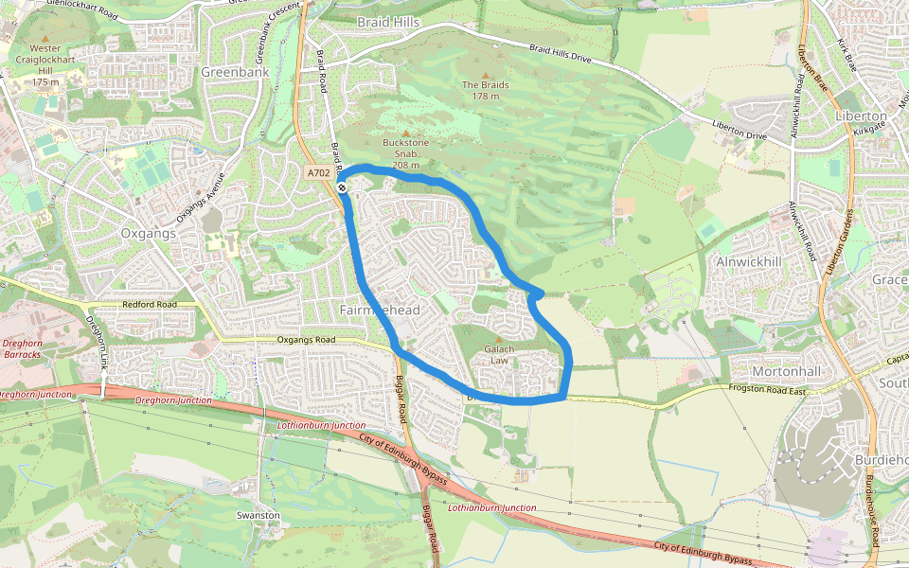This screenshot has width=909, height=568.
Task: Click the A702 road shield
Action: click(x=319, y=173)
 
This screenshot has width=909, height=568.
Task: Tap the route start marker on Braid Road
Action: click(x=342, y=187)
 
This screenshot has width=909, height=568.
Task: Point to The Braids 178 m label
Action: click(x=486, y=90)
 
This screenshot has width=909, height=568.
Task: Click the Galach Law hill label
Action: click(x=499, y=354)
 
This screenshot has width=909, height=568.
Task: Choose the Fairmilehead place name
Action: click(x=379, y=311)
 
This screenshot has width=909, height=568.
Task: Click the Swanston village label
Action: click(x=258, y=515)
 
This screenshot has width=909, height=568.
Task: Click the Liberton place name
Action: click(x=861, y=115)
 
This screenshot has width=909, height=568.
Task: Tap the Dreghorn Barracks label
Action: click(x=22, y=348)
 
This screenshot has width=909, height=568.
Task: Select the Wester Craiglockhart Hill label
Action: click(x=45, y=64)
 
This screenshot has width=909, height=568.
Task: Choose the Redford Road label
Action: click(x=150, y=305)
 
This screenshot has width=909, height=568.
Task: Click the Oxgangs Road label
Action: click(x=306, y=340)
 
